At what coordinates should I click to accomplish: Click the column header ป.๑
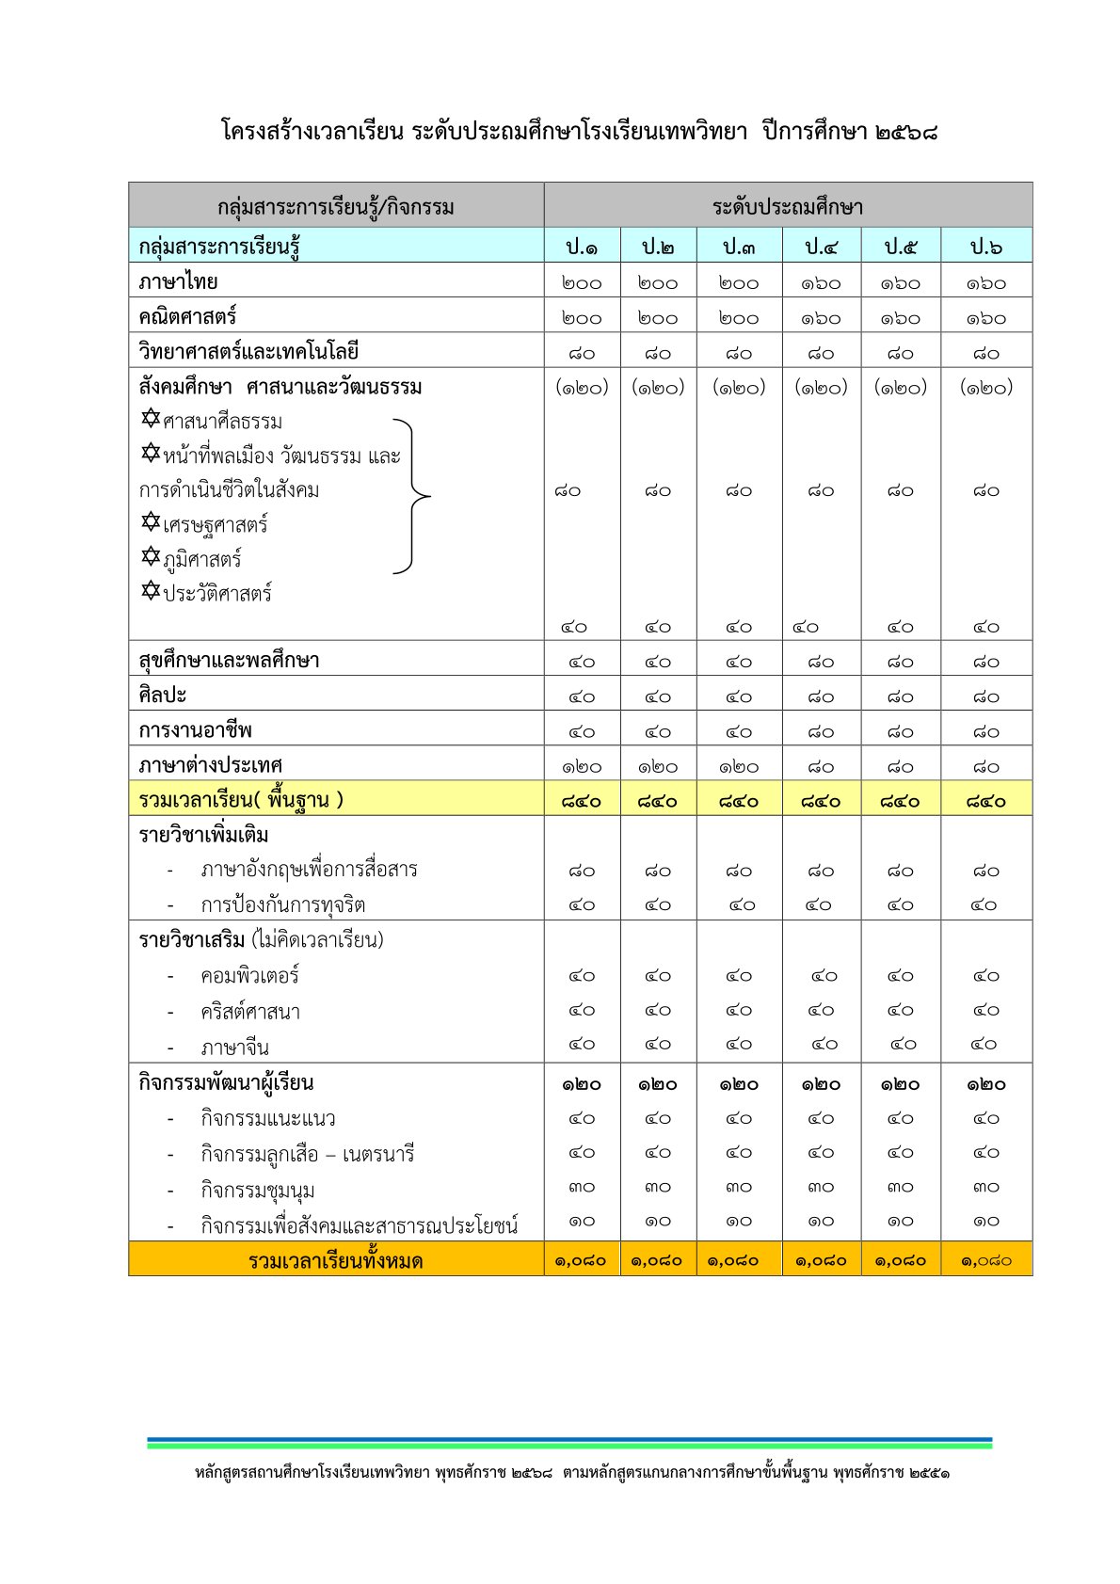coord(582,247)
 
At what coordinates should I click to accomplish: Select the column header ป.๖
coord(986,247)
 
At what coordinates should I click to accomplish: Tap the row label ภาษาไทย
coord(178,281)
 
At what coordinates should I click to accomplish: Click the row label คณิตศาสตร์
coord(187,316)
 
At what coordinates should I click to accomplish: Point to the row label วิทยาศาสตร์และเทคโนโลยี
coord(248,351)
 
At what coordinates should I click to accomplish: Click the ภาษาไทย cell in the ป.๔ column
coord(821,282)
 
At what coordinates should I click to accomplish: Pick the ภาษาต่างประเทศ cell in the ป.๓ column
coord(739,766)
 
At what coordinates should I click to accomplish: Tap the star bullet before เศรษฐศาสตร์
coord(151,521)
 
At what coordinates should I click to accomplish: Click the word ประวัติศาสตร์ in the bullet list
coord(217,594)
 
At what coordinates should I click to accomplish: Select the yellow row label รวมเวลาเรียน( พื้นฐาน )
coord(241,800)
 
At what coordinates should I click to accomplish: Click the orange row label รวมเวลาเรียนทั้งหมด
coord(335,1260)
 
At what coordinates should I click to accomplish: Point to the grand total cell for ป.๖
coord(986,1260)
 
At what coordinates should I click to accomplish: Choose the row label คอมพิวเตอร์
coord(249,976)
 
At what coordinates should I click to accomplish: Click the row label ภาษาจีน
coord(234,1047)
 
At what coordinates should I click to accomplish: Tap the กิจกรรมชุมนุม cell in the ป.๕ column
coord(901,1187)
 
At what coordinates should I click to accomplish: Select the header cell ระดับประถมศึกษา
coord(788,206)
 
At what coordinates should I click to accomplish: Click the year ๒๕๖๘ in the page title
coord(905,132)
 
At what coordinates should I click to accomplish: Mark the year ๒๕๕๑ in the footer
coord(930,1473)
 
